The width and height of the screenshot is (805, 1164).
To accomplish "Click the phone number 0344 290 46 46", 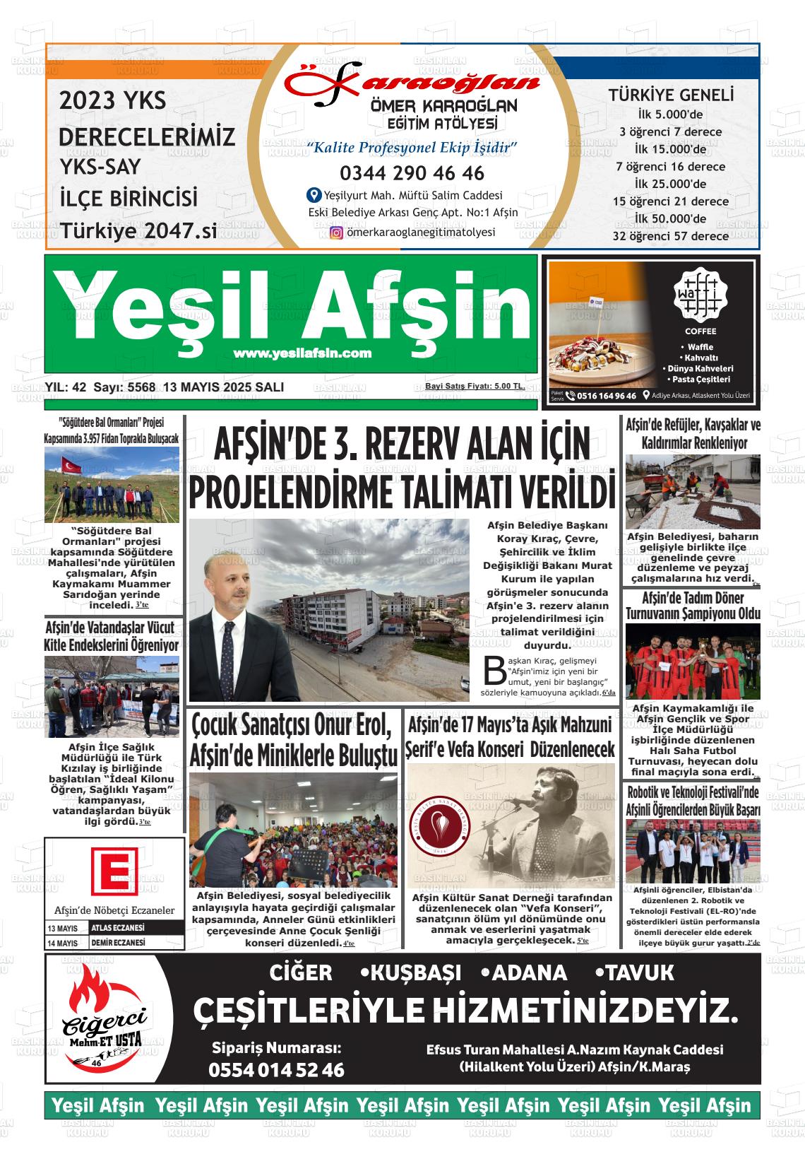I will pos(412,173).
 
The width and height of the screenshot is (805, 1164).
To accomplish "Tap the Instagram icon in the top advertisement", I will pos(337,233).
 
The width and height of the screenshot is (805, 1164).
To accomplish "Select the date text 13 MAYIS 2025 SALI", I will pos(223,387).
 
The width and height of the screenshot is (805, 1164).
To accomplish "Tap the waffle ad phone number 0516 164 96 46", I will pos(606,396).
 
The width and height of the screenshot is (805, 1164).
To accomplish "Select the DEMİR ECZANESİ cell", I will pos(119,943).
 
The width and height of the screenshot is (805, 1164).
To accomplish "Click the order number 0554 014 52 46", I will pos(276,1070).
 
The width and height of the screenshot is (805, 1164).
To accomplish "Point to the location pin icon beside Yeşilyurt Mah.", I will pos(314,195).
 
